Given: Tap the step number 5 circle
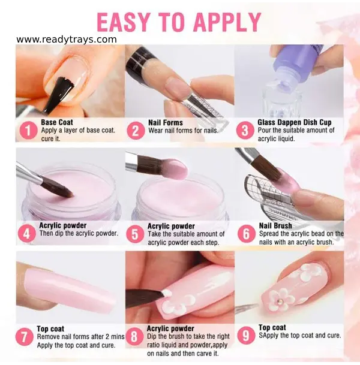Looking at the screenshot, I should (x=136, y=233).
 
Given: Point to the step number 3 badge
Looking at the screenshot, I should (x=245, y=130).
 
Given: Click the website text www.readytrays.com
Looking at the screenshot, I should (x=67, y=40).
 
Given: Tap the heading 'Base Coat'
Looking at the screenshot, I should (x=57, y=122).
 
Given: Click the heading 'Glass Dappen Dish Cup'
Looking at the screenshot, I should (x=295, y=122).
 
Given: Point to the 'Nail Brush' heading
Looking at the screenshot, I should (x=275, y=226).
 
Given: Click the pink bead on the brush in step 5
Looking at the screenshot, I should (x=174, y=168).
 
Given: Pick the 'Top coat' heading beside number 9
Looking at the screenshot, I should (x=272, y=328).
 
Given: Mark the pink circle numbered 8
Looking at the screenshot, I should (x=136, y=336).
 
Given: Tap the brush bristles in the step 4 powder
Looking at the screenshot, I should (x=60, y=188).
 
